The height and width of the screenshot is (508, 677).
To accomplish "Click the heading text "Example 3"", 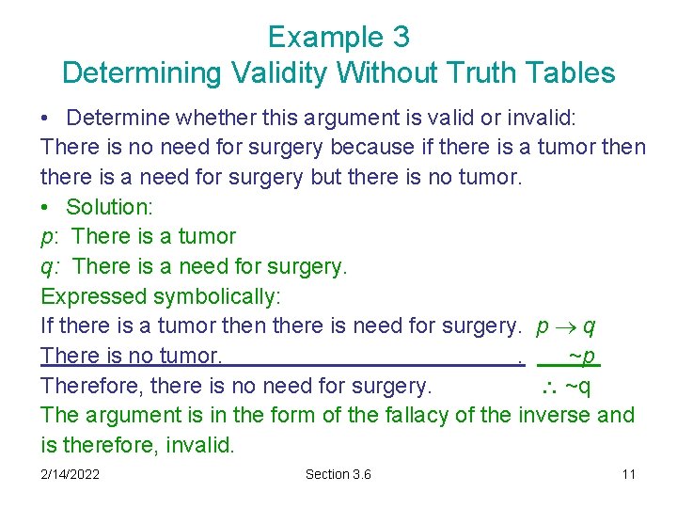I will (x=338, y=37).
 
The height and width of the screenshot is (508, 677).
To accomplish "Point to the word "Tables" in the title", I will (x=573, y=72).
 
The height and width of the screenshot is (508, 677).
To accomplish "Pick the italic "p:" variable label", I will (x=50, y=237).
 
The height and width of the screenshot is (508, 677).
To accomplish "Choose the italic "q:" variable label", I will (x=50, y=267).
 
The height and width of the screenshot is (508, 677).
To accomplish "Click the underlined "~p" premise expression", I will (x=582, y=357).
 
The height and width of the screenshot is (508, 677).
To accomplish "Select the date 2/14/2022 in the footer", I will (x=71, y=474).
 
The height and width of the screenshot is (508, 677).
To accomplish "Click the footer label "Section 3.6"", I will (x=338, y=474).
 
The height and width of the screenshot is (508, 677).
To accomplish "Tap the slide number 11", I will (x=628, y=474).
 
